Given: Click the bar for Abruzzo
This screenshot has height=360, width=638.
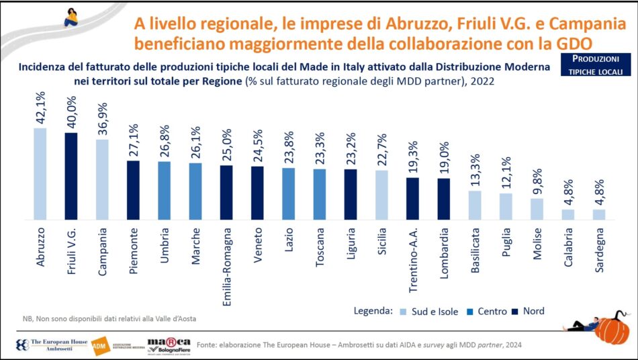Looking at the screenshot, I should [40, 174].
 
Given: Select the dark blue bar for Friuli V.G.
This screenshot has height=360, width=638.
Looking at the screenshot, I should [71, 177].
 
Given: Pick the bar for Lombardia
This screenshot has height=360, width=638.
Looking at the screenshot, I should [443, 199].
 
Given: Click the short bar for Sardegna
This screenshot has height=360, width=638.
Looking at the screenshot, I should [599, 215].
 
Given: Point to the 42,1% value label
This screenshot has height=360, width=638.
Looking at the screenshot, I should [40, 107].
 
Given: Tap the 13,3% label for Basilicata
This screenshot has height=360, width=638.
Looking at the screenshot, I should [475, 171].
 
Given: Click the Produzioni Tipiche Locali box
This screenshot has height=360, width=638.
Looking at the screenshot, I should [592, 65].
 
